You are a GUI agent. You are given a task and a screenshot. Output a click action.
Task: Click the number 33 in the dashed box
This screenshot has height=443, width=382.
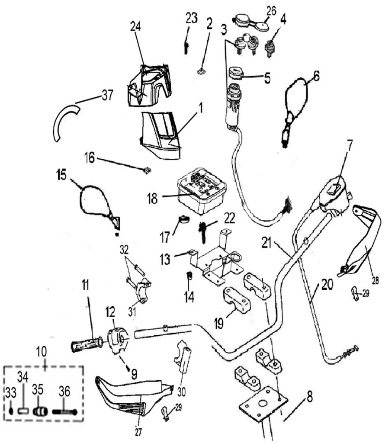pyautogui.click(x=11, y=392)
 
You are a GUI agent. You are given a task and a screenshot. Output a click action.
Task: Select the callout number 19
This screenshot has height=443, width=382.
pyautogui.click(x=219, y=323)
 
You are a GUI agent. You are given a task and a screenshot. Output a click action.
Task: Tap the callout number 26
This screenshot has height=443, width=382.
pyautogui.click(x=271, y=10)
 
